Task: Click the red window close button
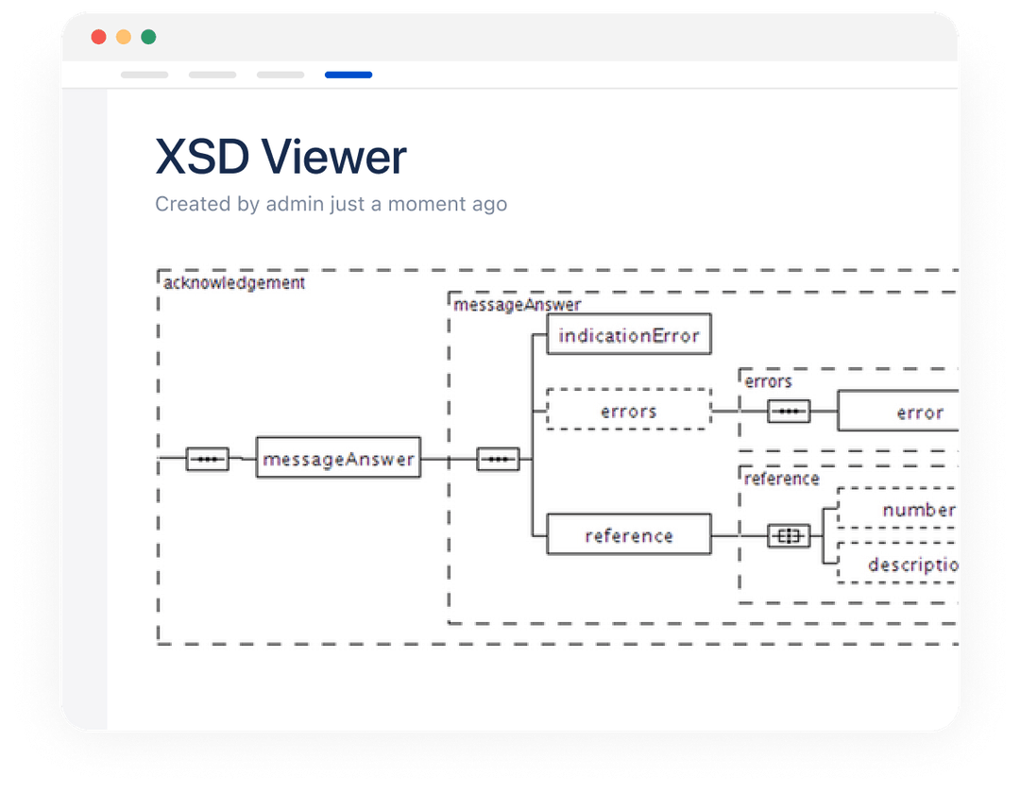coord(98,38)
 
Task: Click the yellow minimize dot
coord(123,38)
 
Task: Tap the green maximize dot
coord(148,38)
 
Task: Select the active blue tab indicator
coord(348,75)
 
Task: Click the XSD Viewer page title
coord(280,157)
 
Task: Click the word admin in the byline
coord(295,204)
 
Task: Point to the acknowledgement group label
coord(234,282)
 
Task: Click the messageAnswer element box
coord(338,459)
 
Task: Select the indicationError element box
coord(629,335)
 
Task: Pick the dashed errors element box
coord(629,411)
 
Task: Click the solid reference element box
coord(629,535)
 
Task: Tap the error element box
coord(907,413)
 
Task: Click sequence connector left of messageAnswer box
coord(208,459)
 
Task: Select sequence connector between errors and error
coord(789,412)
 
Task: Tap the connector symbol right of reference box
coord(789,536)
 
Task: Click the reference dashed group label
coord(781,479)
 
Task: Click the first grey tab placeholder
coord(144,75)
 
